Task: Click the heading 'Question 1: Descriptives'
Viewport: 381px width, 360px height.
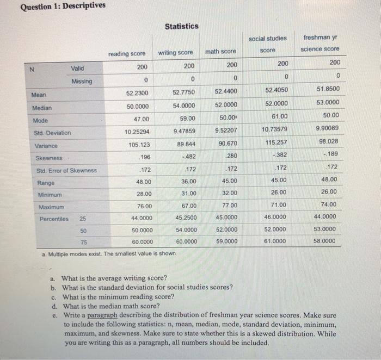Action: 55,6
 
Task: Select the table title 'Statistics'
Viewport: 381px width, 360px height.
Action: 182,26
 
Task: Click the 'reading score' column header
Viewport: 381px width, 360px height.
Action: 127,53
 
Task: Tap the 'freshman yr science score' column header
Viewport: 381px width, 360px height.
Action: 320,44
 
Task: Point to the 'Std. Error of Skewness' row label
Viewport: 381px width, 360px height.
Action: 66,170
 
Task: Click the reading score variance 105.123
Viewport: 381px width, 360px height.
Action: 141,145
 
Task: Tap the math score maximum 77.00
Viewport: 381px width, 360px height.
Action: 230,206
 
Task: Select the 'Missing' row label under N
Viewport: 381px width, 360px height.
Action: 82,82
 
